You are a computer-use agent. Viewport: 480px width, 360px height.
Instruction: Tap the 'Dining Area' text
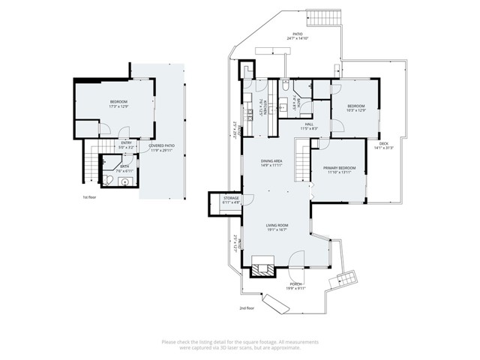point(271,160)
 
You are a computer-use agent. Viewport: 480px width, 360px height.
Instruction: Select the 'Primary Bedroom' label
point(340,168)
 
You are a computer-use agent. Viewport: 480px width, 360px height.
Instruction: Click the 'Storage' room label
point(231,199)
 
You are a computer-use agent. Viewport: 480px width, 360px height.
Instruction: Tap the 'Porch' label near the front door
point(295,284)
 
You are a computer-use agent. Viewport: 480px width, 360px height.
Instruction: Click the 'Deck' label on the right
point(383,143)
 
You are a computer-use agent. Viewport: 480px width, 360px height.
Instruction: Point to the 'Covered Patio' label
point(161,145)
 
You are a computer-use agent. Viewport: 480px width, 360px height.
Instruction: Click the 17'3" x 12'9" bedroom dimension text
point(119,106)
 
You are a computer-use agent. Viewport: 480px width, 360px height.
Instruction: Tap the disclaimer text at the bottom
point(240,343)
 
